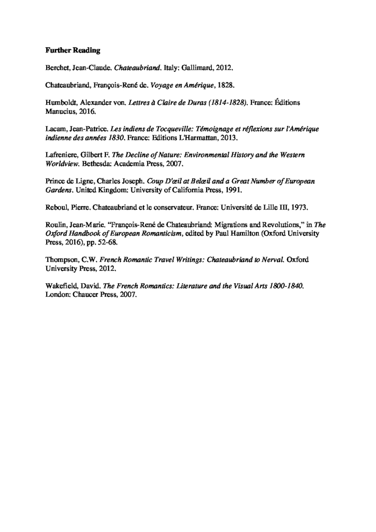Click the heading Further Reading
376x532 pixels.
click(73, 51)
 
